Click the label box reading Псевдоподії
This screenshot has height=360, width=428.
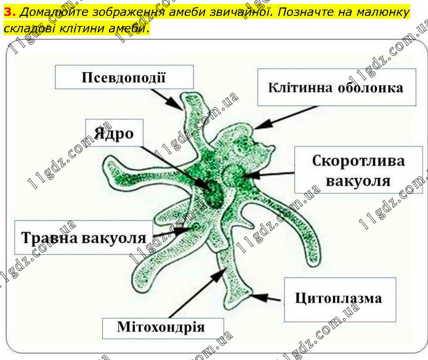pos(124,77)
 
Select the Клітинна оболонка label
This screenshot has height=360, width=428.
pos(337,88)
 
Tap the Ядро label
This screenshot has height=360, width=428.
pos(114,133)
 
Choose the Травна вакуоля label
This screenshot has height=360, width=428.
pos(84,237)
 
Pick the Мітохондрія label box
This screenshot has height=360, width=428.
pos(163,328)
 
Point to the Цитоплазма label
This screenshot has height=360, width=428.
pos(340,300)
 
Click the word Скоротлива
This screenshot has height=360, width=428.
pos(358,161)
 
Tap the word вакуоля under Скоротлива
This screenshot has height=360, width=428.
pos(358,181)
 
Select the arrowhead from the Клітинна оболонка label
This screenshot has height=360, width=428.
pos(262,125)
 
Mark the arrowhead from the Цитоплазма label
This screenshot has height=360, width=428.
pos(259,297)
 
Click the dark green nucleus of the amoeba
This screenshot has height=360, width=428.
pos(212,191)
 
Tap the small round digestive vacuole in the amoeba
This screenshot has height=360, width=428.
pos(196,226)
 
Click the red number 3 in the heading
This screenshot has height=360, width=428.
pos(9,12)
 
